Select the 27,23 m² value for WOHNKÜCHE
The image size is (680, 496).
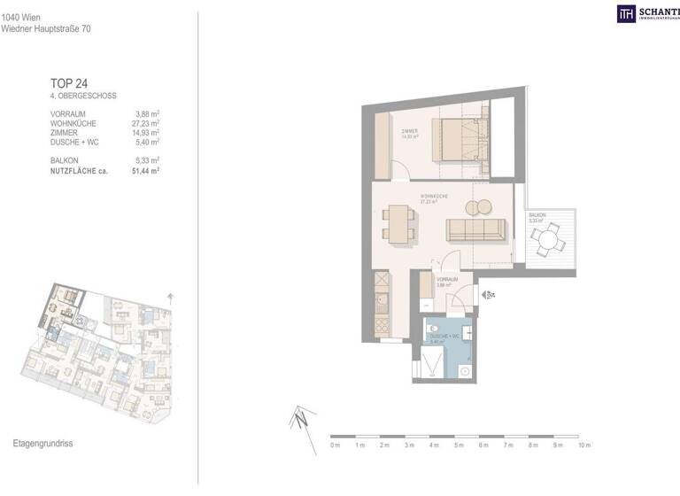[147, 123]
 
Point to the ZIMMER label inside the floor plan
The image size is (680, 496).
[408, 132]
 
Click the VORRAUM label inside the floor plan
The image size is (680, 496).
[446, 279]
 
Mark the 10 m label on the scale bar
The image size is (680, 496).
[583, 445]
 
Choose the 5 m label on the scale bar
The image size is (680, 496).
[458, 445]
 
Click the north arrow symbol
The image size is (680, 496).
[300, 416]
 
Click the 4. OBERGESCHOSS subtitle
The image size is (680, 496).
[84, 96]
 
